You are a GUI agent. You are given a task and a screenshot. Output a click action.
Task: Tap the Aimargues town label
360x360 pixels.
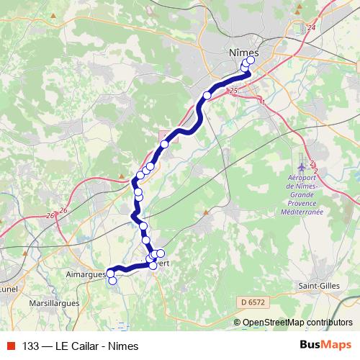tap(86, 274)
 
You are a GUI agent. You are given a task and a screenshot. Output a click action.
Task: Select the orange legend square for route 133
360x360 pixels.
tap(9, 345)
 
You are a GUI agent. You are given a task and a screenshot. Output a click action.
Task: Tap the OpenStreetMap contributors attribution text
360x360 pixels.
tap(297, 323)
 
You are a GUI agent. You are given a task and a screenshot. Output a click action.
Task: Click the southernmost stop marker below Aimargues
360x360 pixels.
tap(112, 281)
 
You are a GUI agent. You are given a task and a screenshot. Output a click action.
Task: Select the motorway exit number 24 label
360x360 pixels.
tap(311, 27)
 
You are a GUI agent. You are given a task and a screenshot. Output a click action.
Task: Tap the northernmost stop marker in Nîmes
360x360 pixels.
tap(251, 60)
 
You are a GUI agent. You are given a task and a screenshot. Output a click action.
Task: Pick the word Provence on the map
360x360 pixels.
tap(302, 203)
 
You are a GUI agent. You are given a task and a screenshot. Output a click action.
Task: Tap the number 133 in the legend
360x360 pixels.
tap(31, 345)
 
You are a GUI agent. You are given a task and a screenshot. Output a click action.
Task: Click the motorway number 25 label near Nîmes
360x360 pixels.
tap(232, 91)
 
